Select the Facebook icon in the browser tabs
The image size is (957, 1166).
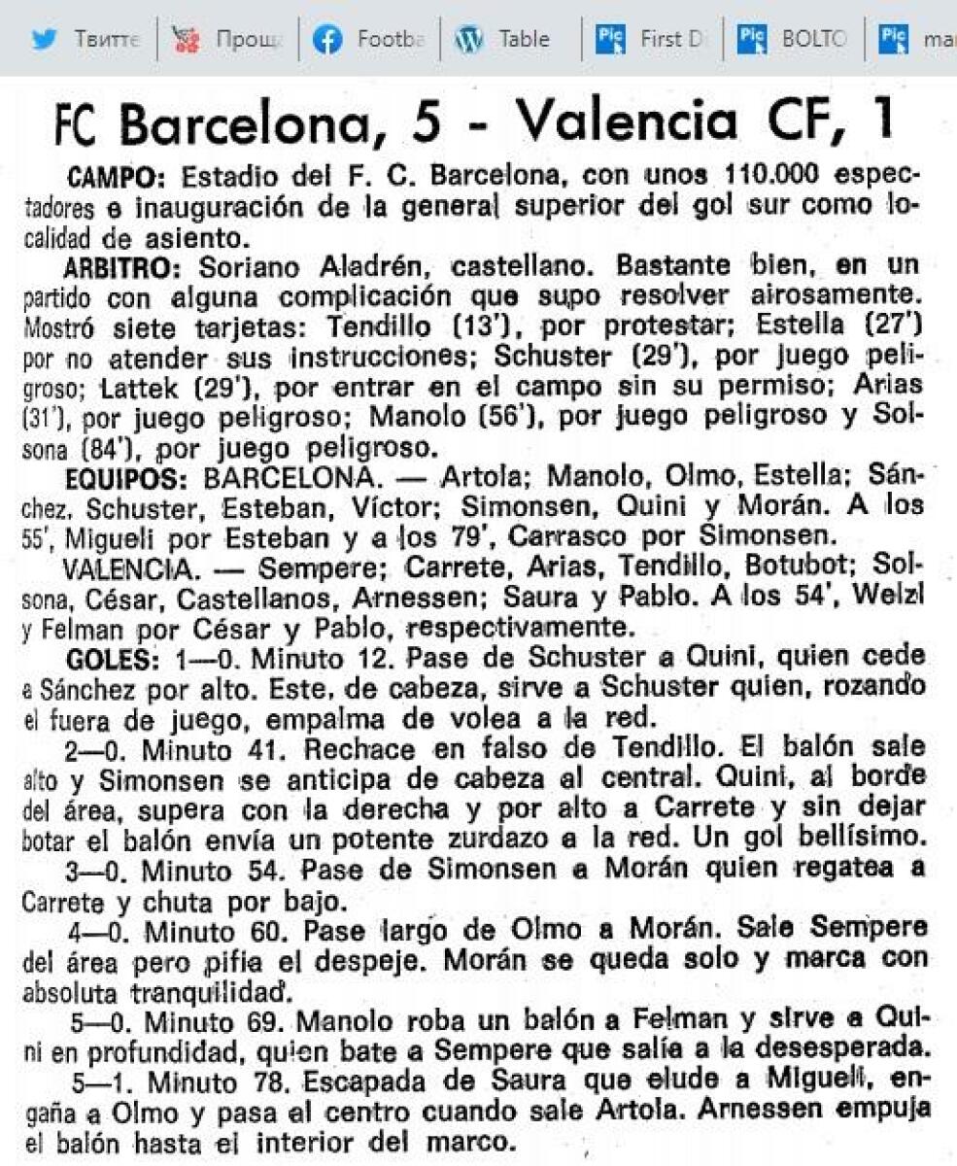coord(327,39)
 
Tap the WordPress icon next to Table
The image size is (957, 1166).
coord(468,39)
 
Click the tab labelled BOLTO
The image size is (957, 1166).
coord(812,39)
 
